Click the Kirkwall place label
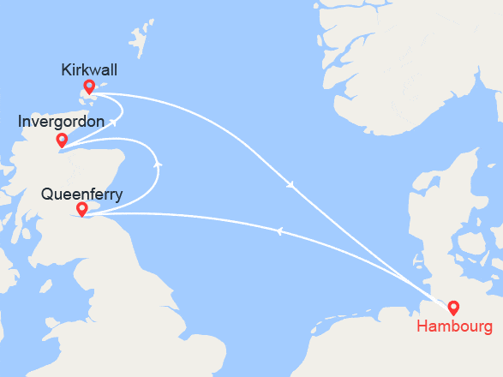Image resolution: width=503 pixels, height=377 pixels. pos(89,70)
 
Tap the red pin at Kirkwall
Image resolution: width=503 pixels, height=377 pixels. pos(89,87)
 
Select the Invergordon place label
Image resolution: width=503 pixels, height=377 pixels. pos(62,123)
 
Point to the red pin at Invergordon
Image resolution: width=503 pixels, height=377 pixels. pos(62,140)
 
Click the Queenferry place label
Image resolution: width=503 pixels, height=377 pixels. pos(81,194)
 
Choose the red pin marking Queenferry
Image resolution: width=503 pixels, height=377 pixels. pos(81,209)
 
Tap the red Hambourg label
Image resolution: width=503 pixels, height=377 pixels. pos(454,326)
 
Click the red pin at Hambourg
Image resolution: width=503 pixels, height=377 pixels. pos(453,307)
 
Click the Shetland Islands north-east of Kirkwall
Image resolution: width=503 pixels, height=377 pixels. pos(140,39)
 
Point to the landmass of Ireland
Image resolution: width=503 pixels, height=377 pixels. pos(9,283)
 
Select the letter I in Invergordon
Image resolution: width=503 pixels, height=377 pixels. pos(21,123)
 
